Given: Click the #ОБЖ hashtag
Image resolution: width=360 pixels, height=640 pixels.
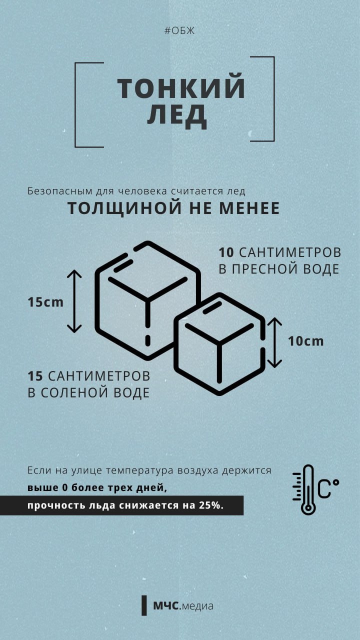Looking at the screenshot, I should point(179,31).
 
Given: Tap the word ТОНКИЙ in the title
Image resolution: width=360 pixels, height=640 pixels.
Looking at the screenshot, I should point(181,88).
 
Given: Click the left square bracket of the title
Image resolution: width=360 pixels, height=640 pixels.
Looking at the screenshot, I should point(78,104).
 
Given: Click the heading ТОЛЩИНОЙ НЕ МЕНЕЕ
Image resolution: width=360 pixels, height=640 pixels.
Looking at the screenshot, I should point(173,208).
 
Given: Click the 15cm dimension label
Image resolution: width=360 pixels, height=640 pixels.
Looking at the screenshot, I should point(45,302).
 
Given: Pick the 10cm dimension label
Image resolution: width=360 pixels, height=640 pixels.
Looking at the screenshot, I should point(305,341).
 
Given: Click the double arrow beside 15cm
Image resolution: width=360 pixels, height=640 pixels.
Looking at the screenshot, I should point(74,301).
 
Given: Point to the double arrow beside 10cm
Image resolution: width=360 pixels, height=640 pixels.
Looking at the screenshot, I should point(274,342).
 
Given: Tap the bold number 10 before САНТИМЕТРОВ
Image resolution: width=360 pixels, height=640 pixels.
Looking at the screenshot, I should point(226,251).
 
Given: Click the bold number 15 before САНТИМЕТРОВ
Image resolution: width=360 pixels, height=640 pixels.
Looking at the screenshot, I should point(35,375).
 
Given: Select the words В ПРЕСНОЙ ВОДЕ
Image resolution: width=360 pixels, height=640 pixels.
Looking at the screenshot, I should point(279,269).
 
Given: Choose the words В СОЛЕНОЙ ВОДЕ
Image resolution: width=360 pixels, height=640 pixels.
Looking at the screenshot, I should point(88,392).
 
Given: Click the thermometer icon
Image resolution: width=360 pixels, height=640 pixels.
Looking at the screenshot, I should point(307,489).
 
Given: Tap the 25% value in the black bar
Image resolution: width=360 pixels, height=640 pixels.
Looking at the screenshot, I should point(210,505).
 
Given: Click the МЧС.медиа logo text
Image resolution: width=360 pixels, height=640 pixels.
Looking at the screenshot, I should point(183,606).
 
